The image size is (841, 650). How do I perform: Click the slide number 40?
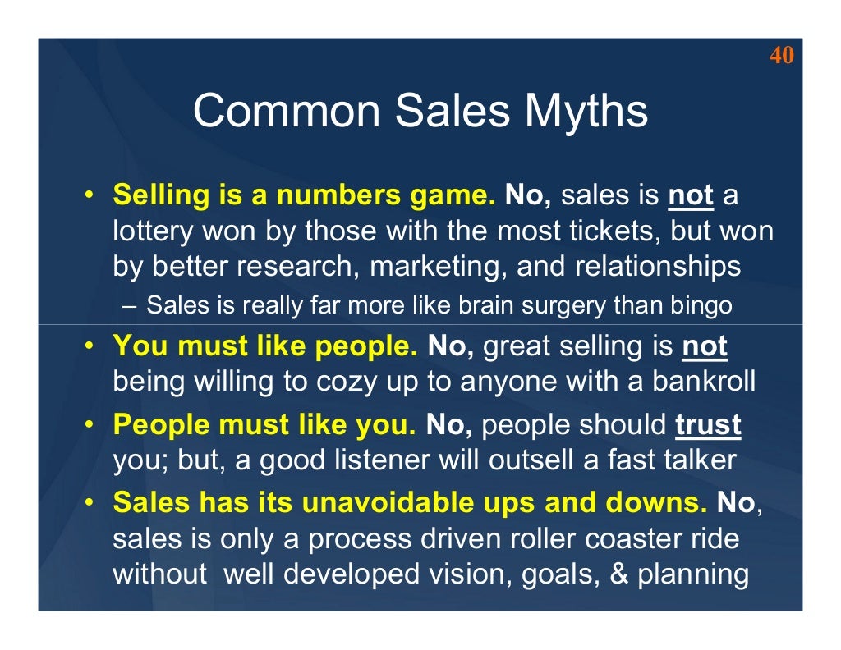click(782, 56)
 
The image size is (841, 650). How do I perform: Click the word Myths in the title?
click(579, 111)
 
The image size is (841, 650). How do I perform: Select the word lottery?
click(144, 232)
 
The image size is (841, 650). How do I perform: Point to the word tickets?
click(615, 232)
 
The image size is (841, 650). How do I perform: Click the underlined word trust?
click(708, 425)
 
